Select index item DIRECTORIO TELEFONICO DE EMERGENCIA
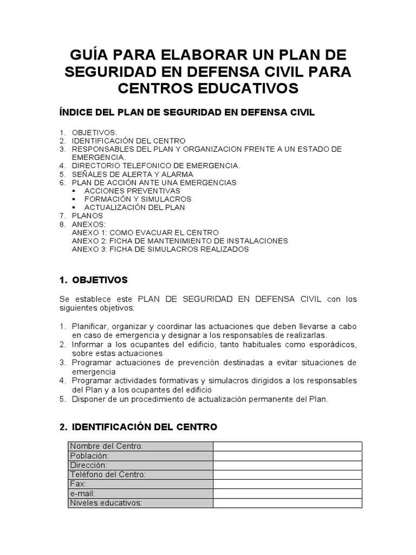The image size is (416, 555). coord(156,165)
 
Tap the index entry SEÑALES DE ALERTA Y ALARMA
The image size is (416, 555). coord(132,174)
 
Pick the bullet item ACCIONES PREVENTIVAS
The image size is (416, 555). coord(132,191)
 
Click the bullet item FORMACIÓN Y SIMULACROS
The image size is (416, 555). coord(138,199)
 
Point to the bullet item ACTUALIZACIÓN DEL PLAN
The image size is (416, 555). coord(134,207)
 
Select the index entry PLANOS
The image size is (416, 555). coord(87,216)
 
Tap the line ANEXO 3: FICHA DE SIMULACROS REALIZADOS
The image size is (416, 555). coord(160,249)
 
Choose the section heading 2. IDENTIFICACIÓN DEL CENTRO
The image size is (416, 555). coord(138,427)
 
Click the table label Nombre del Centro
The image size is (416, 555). coord(107,446)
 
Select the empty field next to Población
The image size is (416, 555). coord(287,456)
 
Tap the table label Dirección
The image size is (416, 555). coord(89,465)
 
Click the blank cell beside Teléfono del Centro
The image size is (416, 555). coord(287,475)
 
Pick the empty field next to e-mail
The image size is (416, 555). coord(287,494)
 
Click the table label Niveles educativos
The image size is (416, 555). coord(106,503)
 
